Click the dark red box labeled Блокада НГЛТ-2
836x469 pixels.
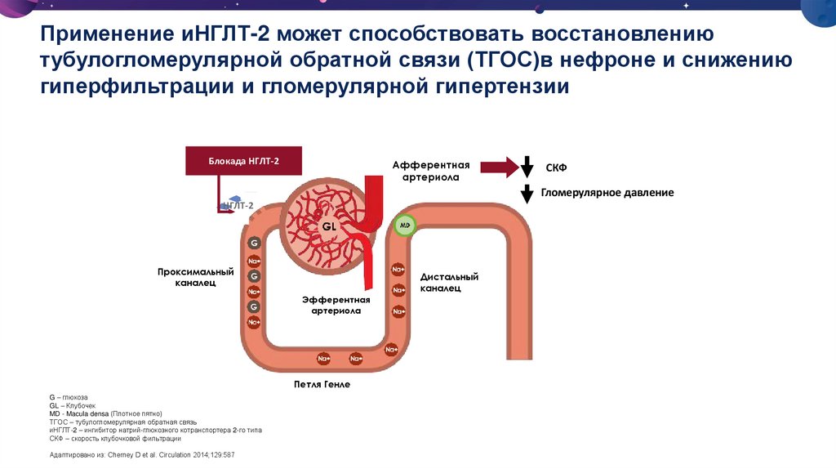click(244, 161)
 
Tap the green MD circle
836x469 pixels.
click(403, 225)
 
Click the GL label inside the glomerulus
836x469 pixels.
click(329, 224)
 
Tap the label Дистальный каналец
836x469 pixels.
click(449, 282)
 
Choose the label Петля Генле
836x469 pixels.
click(322, 384)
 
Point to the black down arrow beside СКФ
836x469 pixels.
click(527, 167)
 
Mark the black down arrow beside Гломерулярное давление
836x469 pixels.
click(527, 194)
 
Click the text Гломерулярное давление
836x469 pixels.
click(607, 194)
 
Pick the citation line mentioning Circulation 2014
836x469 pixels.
click(141, 454)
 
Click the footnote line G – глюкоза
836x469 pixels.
click(69, 397)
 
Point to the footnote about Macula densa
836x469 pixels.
click(106, 413)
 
